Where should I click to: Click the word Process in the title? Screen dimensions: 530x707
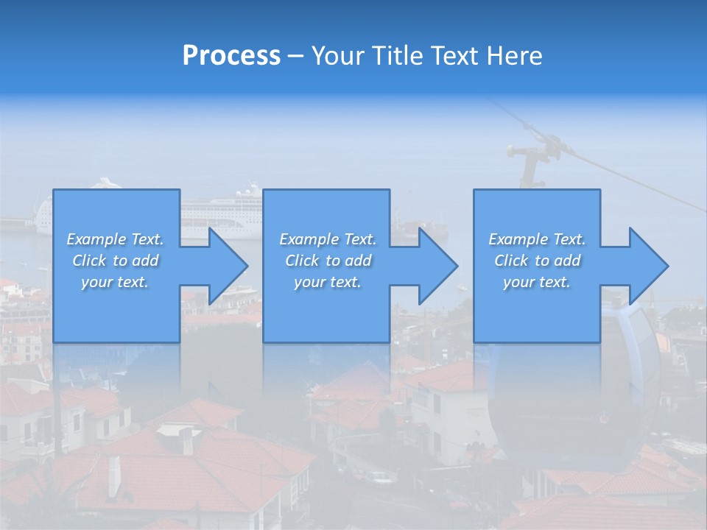pyautogui.click(x=231, y=56)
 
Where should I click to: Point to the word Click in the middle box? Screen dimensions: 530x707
pyautogui.click(x=302, y=261)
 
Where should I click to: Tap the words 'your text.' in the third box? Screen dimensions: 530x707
pyautogui.click(x=537, y=282)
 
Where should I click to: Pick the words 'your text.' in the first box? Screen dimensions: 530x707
pyautogui.click(x=115, y=282)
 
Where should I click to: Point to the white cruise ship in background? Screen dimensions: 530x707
pyautogui.click(x=221, y=210)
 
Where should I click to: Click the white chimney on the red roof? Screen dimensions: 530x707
pyautogui.click(x=114, y=475)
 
